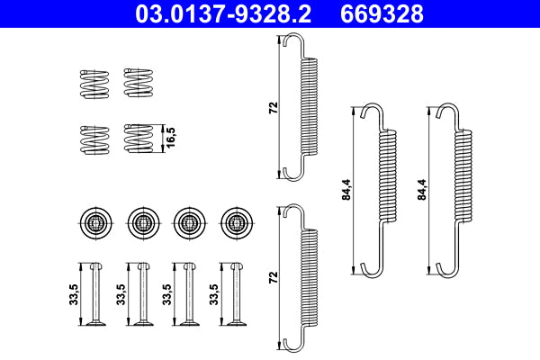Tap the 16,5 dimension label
(170, 139)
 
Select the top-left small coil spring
(93, 83)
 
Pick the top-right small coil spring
(139, 83)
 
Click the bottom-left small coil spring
(93, 139)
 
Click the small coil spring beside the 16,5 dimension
(139, 139)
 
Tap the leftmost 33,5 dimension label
(73, 294)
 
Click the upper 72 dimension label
(273, 107)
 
